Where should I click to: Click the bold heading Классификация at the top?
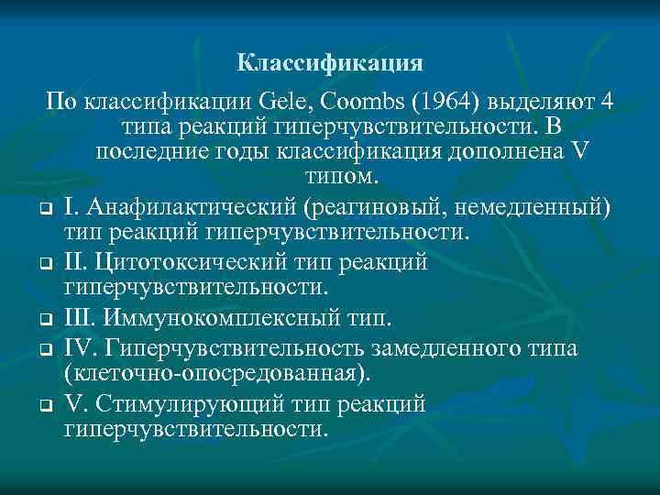point(329,62)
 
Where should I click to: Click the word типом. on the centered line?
point(330,175)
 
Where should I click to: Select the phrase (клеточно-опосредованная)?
point(218,373)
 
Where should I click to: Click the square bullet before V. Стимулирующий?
point(44,405)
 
